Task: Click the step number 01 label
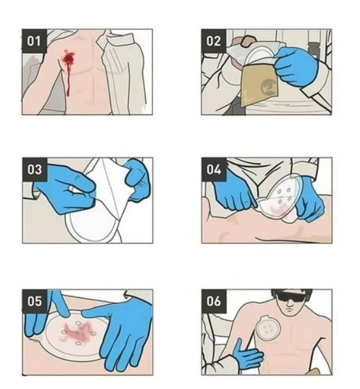[35, 41]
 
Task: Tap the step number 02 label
[214, 41]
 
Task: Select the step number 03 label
[35, 170]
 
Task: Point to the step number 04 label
[214, 170]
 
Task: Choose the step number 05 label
[35, 301]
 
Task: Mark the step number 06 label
[214, 301]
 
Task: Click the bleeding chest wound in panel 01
[68, 60]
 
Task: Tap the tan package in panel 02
[259, 84]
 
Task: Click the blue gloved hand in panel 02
[296, 66]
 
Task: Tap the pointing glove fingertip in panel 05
[67, 315]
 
